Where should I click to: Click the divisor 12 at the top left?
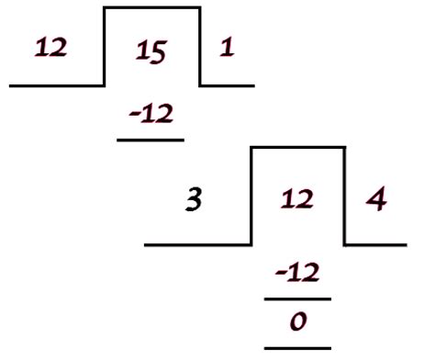tap(51, 49)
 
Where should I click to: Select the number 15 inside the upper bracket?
tap(150, 53)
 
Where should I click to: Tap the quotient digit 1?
tap(227, 49)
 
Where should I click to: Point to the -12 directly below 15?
tap(151, 114)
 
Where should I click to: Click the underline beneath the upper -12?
tap(151, 140)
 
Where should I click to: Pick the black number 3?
tap(194, 199)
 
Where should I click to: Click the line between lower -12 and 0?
tap(296, 298)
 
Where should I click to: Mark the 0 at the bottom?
tap(296, 322)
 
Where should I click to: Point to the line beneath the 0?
tap(296, 348)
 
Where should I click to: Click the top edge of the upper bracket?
tap(151, 8)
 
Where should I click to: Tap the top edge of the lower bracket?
tap(297, 146)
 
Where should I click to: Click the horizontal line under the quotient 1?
tap(227, 85)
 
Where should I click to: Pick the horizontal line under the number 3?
tap(197, 245)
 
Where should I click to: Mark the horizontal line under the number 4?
tap(374, 245)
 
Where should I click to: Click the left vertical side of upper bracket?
tap(105, 46)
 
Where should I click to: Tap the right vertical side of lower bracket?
tap(344, 195)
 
